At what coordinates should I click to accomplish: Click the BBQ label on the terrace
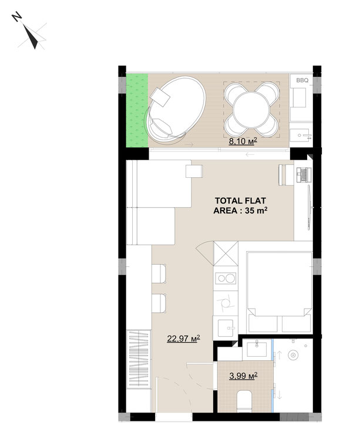[x=302, y=80]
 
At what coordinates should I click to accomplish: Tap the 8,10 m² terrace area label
[x=243, y=141]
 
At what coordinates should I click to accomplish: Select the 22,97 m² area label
[x=184, y=338]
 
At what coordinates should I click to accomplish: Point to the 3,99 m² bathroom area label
[x=244, y=375]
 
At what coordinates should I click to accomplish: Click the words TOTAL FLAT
[x=240, y=201]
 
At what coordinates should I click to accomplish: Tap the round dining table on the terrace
[x=252, y=110]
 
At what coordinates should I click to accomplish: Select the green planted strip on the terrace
[x=137, y=110]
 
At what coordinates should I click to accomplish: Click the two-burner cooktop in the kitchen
[x=226, y=278]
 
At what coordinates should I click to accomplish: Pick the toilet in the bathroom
[x=244, y=401]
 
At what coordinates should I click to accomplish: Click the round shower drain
[x=293, y=356]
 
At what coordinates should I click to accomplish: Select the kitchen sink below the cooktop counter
[x=226, y=328]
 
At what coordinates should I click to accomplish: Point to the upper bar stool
[x=159, y=273]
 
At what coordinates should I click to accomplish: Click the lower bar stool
[x=159, y=303]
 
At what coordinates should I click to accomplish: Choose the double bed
[x=280, y=292]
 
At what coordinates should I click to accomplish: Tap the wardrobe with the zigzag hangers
[x=139, y=360]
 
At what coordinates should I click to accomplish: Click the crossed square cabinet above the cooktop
[x=226, y=253]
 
